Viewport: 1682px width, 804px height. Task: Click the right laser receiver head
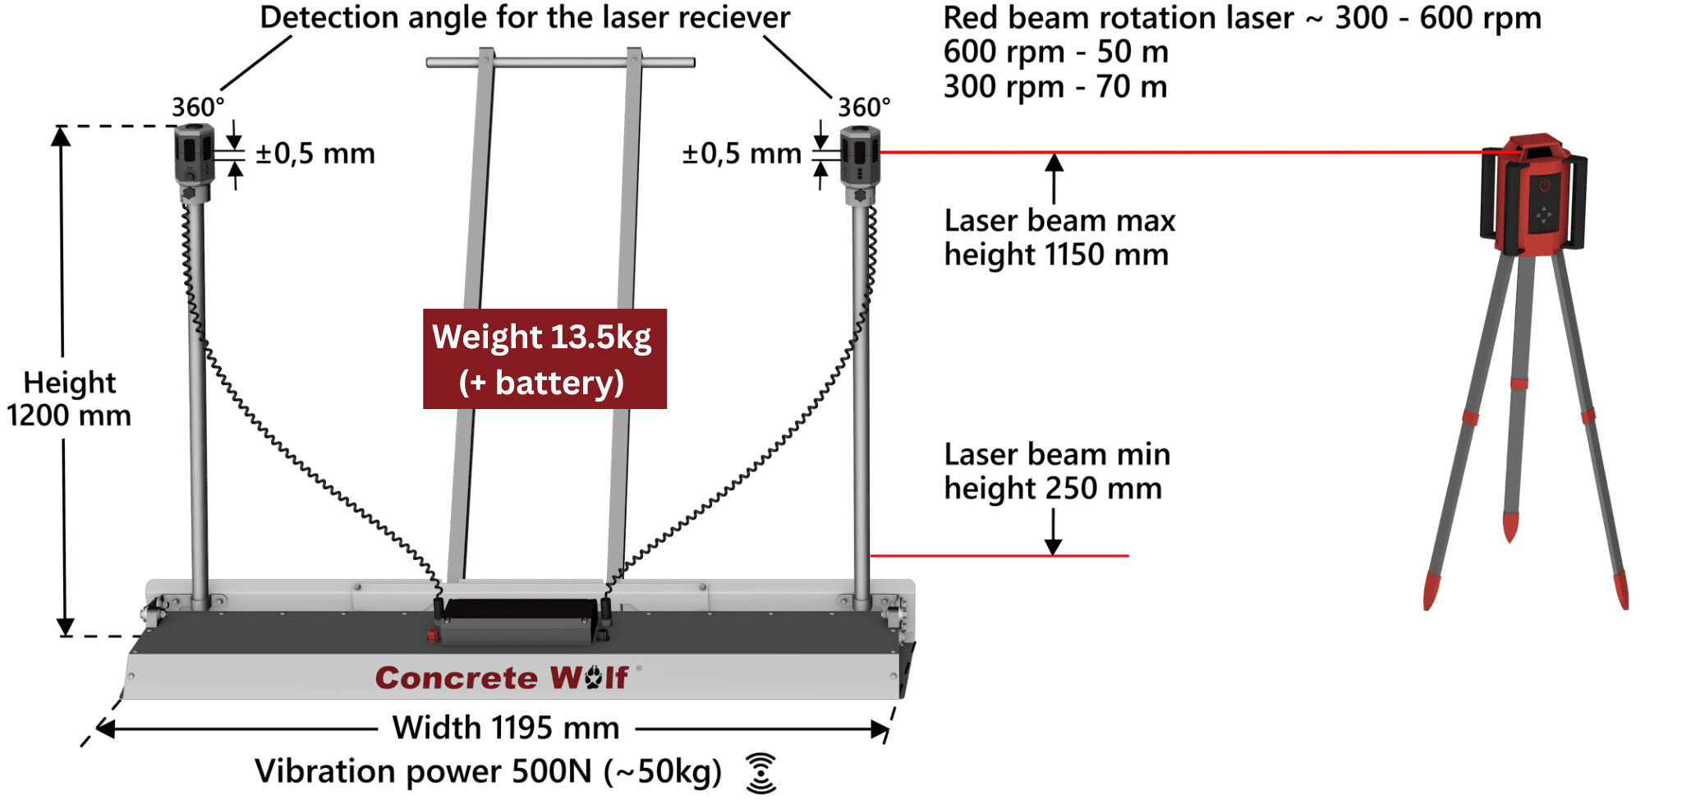[860, 156]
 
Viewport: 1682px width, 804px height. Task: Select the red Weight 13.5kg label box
[545, 359]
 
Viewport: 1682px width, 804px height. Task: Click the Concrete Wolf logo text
[502, 678]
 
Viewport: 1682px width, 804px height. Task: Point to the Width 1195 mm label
[505, 728]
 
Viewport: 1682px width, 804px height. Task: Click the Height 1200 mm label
[69, 399]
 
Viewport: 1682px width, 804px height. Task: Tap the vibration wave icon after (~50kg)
[761, 773]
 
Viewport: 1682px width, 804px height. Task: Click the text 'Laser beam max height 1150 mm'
[1059, 237]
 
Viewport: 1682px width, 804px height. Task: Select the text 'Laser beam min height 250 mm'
[1056, 471]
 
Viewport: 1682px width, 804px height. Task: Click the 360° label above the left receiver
[197, 108]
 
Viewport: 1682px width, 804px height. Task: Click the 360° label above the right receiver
[863, 108]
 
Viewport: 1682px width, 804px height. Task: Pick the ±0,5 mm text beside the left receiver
[315, 154]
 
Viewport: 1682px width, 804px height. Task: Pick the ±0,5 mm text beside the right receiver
[741, 154]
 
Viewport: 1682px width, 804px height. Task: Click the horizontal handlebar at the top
[560, 62]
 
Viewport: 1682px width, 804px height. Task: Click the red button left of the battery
[433, 634]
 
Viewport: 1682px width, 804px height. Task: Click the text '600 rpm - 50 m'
[1055, 53]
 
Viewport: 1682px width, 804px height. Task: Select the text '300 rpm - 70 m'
[1055, 87]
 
